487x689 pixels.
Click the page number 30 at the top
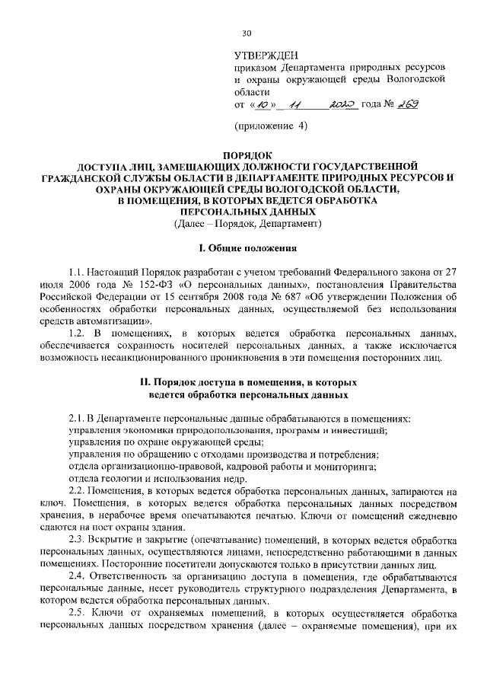click(245, 33)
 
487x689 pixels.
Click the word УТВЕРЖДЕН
click(266, 55)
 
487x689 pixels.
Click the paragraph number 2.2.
click(76, 492)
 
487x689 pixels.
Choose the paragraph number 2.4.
click(76, 577)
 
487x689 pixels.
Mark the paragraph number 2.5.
click(76, 614)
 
